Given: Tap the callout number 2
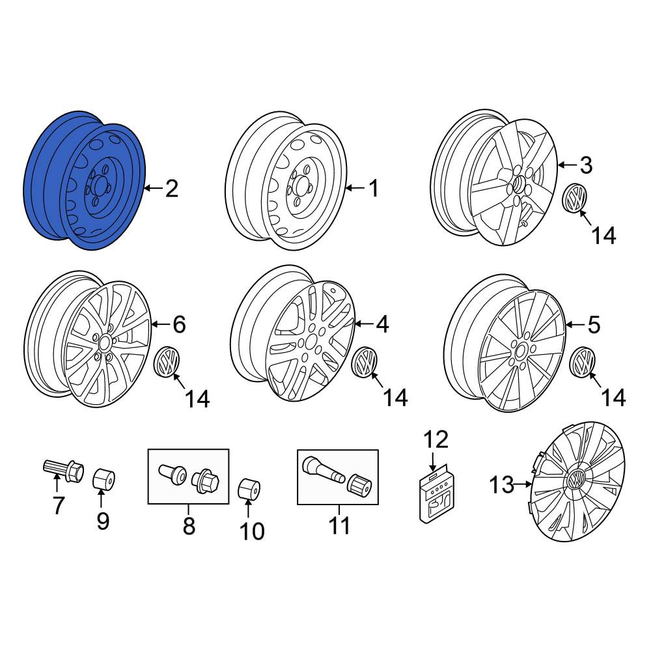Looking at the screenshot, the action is click(x=171, y=189).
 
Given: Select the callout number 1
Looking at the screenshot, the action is click(x=374, y=189).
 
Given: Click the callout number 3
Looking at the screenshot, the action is click(x=586, y=165).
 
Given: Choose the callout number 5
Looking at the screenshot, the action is click(x=594, y=325).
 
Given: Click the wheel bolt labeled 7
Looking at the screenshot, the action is click(x=64, y=470).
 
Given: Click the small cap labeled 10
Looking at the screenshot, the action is click(x=249, y=489).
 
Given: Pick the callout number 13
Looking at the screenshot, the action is click(x=502, y=484).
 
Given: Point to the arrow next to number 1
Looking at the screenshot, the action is click(x=355, y=189).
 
